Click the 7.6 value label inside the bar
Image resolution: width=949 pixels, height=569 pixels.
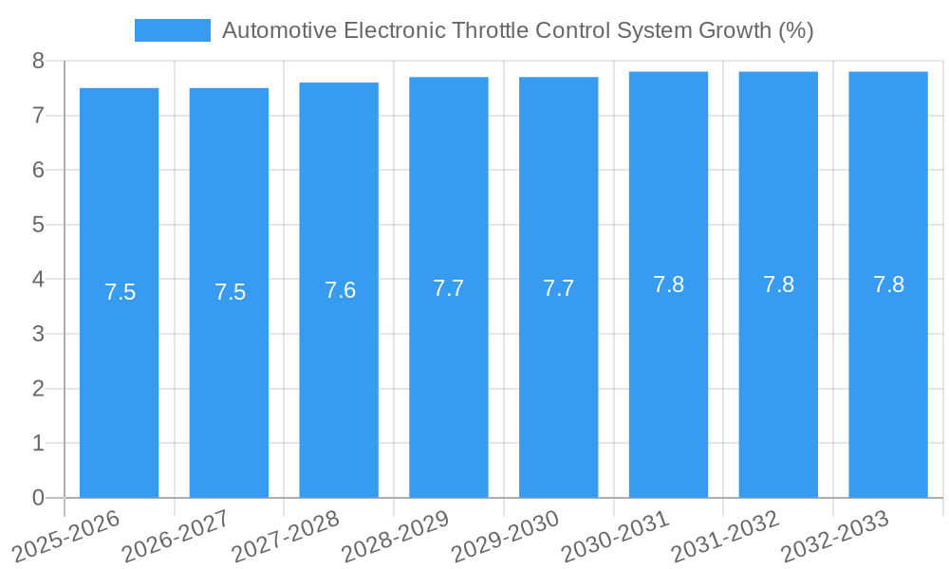click(340, 290)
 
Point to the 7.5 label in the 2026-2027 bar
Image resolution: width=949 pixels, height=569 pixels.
click(230, 292)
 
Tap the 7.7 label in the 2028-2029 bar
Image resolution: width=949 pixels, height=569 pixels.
click(449, 288)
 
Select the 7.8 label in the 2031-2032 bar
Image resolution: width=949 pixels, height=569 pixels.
click(778, 284)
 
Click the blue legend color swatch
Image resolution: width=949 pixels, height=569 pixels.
click(172, 30)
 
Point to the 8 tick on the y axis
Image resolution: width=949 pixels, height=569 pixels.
click(38, 61)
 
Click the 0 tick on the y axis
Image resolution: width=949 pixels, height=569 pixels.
click(38, 497)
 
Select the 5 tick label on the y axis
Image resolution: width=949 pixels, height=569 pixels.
click(38, 225)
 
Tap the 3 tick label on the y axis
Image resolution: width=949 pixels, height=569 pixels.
click(38, 334)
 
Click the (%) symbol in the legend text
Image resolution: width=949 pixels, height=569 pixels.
click(795, 30)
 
